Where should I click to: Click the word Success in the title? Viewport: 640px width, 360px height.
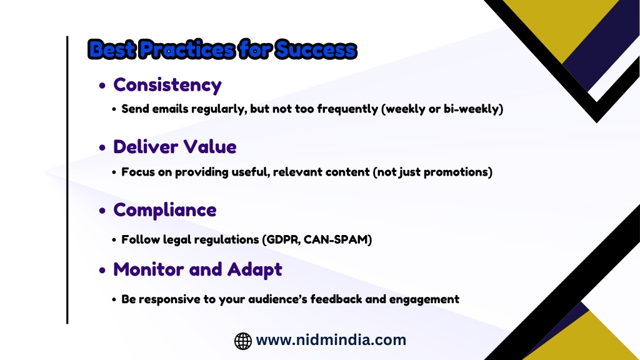point(316,49)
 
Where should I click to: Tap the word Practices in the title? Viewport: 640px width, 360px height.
point(186,49)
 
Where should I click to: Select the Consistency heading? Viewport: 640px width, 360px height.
point(167,85)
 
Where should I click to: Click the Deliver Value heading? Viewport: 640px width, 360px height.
point(175,147)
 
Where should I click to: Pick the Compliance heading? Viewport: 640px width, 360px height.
point(165,210)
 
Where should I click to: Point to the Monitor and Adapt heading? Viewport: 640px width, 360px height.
point(197,270)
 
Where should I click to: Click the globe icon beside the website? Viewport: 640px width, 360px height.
point(243,341)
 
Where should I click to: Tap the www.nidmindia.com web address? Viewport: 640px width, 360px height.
point(331,340)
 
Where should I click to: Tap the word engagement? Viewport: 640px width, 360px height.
point(424,299)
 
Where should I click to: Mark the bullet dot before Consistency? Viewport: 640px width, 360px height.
point(102,86)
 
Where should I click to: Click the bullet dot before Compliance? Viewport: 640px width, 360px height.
point(102,211)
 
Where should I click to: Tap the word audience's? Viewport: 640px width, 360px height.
point(277,299)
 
